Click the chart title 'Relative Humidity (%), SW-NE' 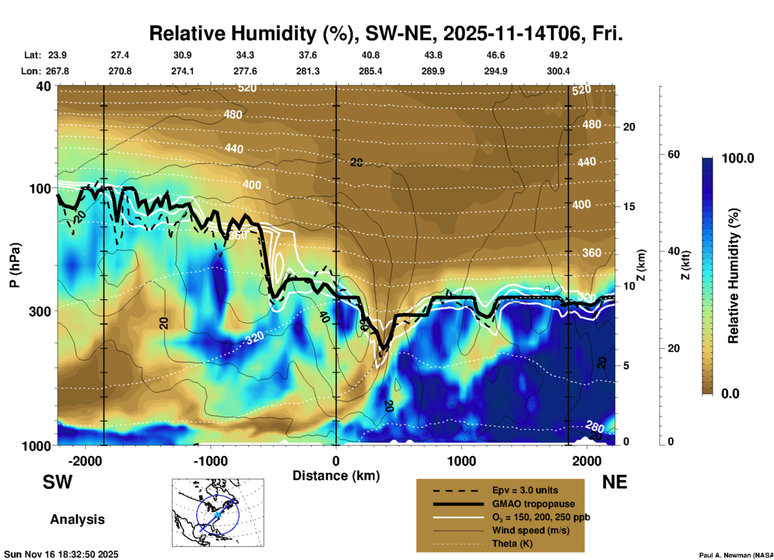[386, 33]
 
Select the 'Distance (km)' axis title [336, 476]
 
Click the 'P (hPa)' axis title [15, 265]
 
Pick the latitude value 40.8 [370, 55]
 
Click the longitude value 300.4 [558, 71]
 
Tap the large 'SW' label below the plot [57, 482]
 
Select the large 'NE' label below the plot [614, 482]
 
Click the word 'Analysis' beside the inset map [77, 519]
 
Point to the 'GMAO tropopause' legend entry [533, 504]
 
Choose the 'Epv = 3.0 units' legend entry [525, 491]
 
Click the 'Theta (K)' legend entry [512, 544]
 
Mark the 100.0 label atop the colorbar [738, 158]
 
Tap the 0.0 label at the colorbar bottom [730, 394]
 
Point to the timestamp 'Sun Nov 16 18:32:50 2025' [61, 554]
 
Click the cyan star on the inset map [217, 515]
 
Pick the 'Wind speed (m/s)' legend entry [530, 531]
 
